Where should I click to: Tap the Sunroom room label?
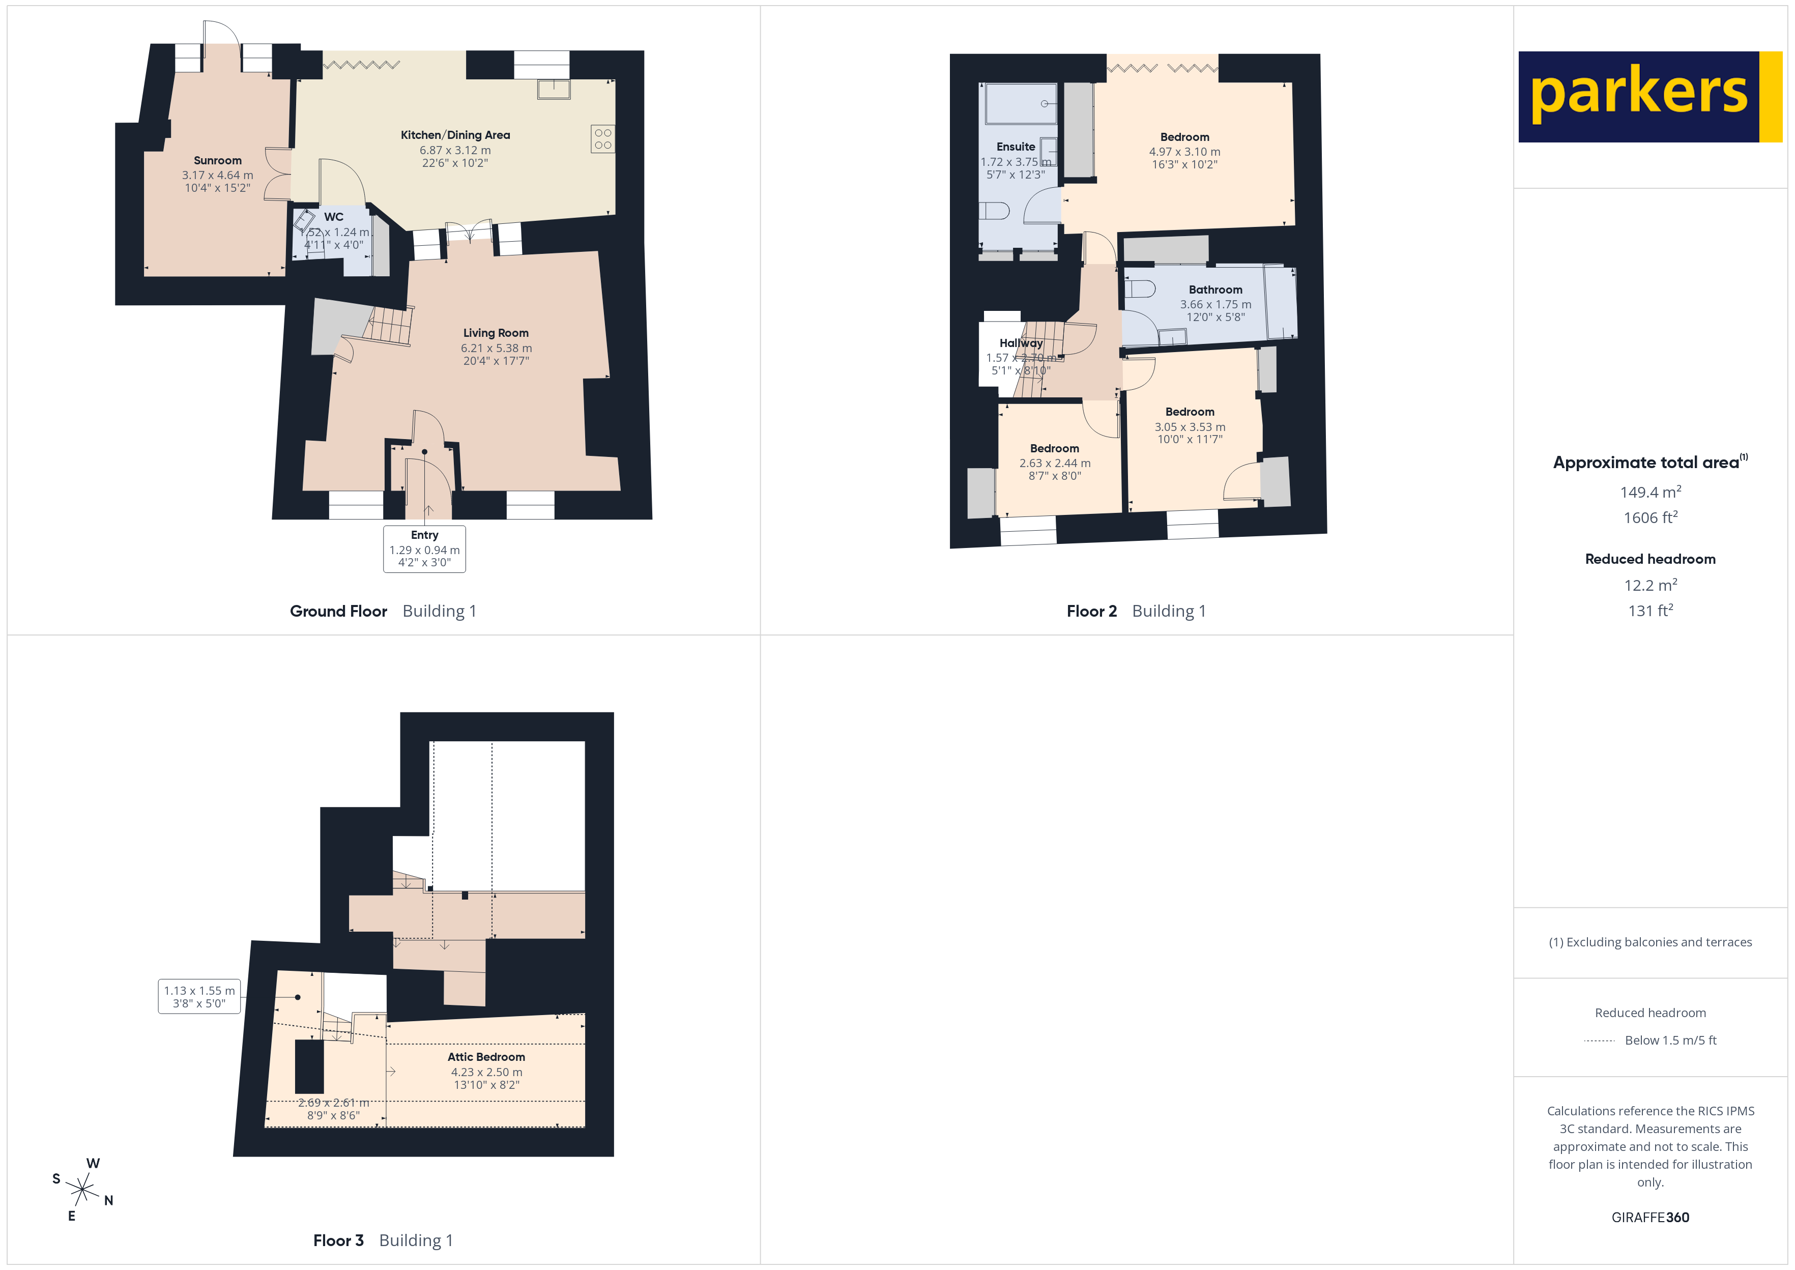[x=217, y=160]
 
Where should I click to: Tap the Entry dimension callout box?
[x=424, y=548]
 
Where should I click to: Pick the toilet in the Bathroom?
[x=1140, y=288]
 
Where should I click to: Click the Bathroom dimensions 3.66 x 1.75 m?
[x=1215, y=304]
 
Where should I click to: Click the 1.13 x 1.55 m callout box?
[x=199, y=996]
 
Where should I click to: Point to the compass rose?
[x=82, y=1190]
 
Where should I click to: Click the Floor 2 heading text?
[x=1091, y=611]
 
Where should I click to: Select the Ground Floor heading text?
[x=338, y=611]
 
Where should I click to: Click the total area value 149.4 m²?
[x=1649, y=492]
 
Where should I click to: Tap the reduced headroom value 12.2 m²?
[x=1649, y=585]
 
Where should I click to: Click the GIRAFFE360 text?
[x=1649, y=1217]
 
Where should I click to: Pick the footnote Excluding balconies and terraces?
[x=1649, y=941]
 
